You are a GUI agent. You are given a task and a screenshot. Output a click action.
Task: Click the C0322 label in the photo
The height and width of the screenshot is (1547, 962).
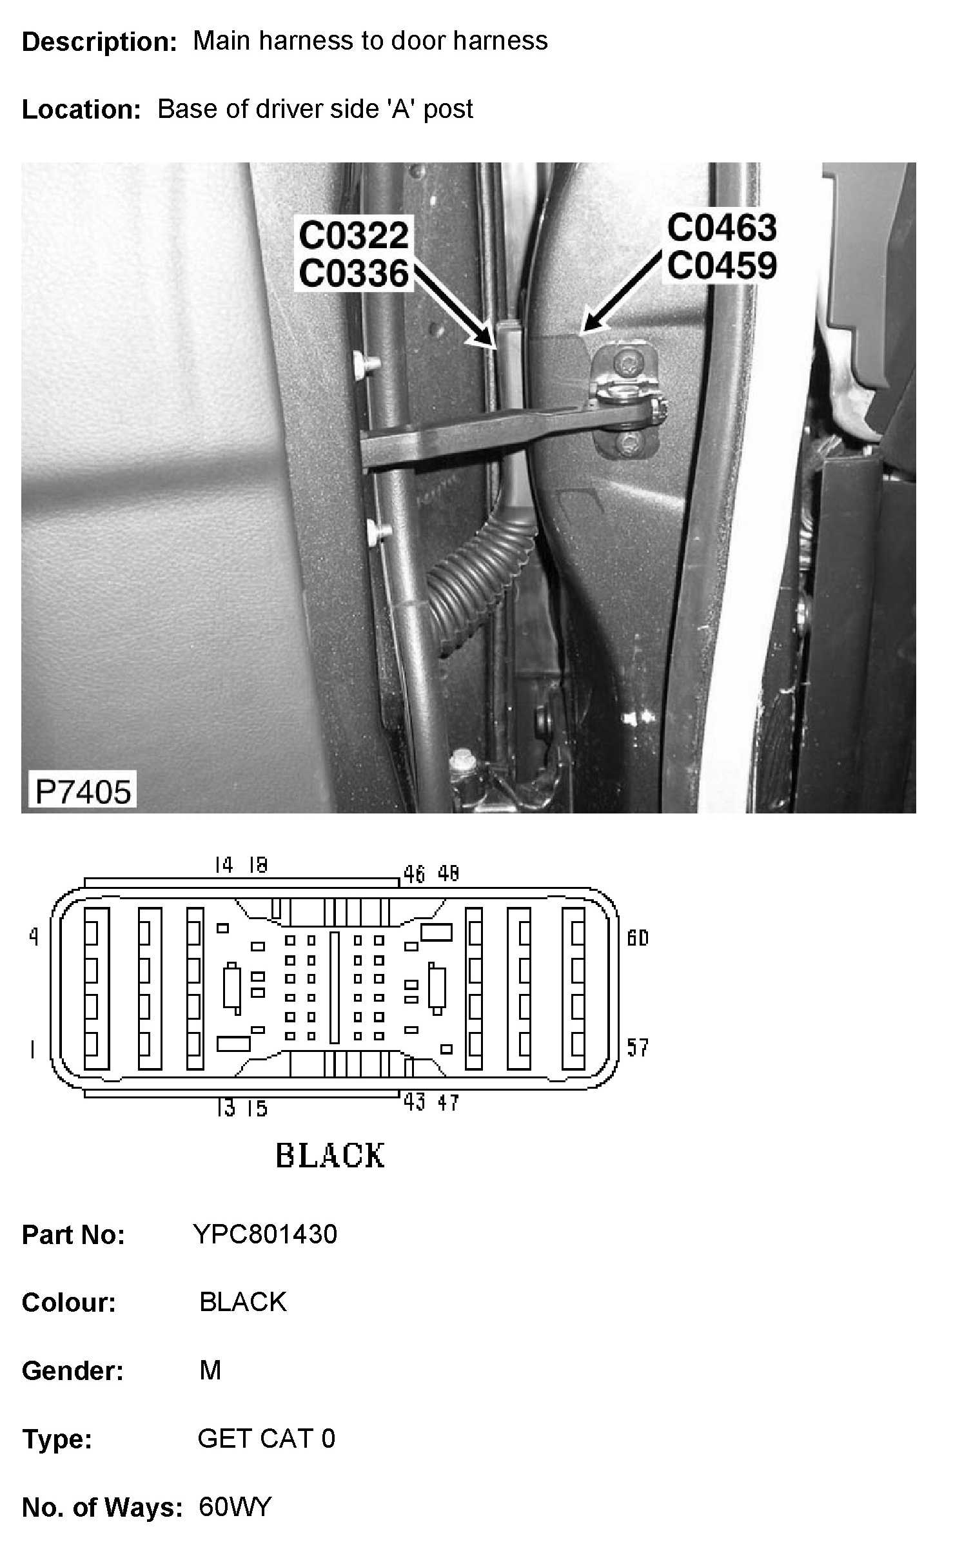pos(354,235)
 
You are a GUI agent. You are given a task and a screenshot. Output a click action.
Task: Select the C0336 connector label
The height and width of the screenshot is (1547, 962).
pos(354,273)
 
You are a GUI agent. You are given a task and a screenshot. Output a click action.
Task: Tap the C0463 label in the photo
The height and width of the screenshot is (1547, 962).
pos(721,228)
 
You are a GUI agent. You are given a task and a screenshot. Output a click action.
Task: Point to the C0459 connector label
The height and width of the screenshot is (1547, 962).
pos(721,266)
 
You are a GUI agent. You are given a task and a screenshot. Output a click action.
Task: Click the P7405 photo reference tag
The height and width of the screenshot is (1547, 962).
pos(83,791)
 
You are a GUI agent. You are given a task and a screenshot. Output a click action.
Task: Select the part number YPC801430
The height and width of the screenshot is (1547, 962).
pos(265,1234)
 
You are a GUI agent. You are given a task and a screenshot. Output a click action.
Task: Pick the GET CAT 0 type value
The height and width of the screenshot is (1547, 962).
pos(266,1438)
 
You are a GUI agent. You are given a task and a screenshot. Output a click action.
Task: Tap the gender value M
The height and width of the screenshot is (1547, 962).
pos(210,1370)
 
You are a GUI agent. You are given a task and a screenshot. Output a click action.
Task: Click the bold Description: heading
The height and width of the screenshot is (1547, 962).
pos(99,42)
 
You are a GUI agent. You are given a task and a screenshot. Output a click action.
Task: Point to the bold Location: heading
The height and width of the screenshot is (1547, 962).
pos(81,110)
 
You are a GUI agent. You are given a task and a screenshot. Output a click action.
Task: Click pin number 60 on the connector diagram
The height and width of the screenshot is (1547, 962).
pos(637,937)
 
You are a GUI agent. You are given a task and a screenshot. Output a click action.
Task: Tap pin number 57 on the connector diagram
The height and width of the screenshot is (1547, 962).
pos(637,1047)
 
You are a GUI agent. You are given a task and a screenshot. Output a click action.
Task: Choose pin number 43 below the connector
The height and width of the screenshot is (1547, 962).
pos(414,1103)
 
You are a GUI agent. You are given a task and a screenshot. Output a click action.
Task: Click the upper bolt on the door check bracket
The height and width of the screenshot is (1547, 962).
pos(624,364)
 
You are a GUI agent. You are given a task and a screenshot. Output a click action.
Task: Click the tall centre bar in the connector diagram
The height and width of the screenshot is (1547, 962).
pos(334,987)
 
